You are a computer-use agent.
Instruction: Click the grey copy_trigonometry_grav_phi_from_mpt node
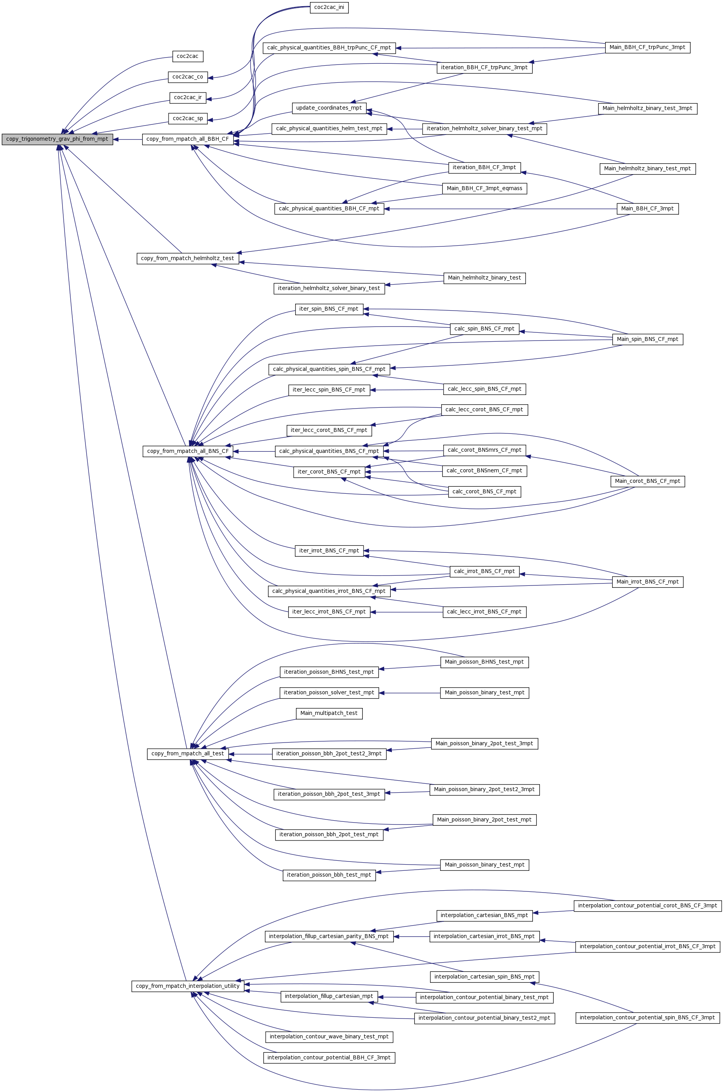57,139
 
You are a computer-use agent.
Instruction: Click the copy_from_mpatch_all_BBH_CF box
188,139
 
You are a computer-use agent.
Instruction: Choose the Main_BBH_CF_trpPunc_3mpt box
647,47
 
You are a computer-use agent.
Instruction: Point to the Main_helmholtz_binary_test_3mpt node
647,108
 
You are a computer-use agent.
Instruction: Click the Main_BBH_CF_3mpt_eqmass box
484,189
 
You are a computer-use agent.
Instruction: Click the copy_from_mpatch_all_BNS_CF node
188,451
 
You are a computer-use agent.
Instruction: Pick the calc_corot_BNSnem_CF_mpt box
484,471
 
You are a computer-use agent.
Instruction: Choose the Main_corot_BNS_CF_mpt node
647,481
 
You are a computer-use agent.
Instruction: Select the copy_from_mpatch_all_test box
188,754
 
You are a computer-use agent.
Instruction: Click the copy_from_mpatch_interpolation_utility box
188,986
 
